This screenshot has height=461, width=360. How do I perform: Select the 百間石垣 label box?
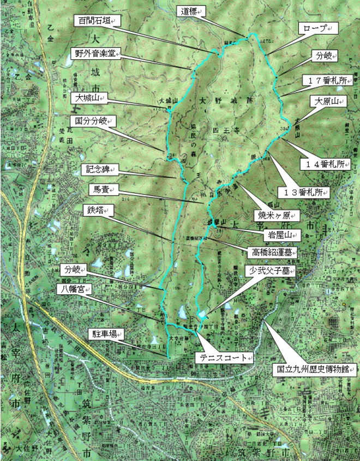tap(96, 21)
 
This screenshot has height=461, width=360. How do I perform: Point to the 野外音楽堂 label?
tap(96, 53)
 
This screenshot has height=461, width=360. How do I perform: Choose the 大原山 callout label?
tap(325, 102)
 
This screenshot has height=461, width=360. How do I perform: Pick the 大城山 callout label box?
tap(89, 99)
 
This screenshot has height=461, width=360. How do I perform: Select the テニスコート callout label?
tap(224, 358)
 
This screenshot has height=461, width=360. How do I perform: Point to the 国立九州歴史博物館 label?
tap(314, 369)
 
